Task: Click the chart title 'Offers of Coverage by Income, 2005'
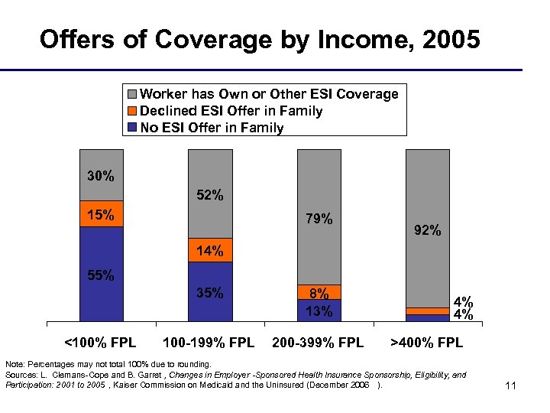tap(260, 39)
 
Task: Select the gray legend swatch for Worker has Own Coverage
tap(131, 95)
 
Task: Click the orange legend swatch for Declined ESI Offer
tap(131, 112)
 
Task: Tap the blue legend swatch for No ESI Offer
tap(131, 128)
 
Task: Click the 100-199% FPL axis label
tap(209, 342)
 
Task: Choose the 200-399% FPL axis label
tap(319, 342)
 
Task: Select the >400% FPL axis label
tap(427, 342)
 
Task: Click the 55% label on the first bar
tap(101, 275)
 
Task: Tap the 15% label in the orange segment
tap(101, 215)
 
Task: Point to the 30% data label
tap(101, 176)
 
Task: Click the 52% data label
tap(210, 195)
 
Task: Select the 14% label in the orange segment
tap(210, 251)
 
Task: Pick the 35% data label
tap(210, 292)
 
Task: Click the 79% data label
tap(319, 220)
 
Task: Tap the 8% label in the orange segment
tap(319, 293)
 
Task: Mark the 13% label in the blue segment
tap(319, 311)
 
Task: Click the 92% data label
tap(427, 229)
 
